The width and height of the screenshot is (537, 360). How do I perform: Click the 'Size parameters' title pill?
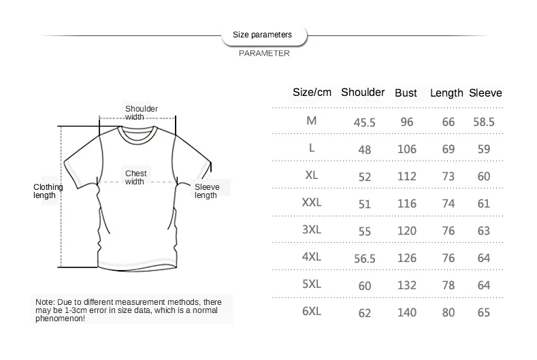tap(263, 34)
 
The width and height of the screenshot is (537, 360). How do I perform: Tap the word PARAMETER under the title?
tap(264, 53)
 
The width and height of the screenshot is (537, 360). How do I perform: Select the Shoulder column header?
tap(363, 93)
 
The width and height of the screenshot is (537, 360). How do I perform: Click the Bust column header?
tap(406, 93)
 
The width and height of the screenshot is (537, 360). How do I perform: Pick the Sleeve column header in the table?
tap(485, 93)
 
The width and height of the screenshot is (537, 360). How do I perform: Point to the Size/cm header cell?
tap(312, 93)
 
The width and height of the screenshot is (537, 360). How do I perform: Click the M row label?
tap(312, 120)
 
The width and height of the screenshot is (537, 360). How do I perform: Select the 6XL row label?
tap(312, 311)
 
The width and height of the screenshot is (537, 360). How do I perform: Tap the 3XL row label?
tap(312, 229)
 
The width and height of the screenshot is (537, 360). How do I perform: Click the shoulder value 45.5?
tap(365, 122)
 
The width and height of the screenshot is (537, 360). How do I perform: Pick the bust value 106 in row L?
tap(407, 150)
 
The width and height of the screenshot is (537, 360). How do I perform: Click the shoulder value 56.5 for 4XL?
tap(365, 259)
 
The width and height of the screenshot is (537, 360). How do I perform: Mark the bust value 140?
tap(407, 313)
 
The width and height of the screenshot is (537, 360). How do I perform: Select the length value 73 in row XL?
tap(449, 177)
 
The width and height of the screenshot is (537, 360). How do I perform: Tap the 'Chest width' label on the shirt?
tap(135, 178)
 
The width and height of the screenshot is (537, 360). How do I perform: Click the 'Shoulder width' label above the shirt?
tap(141, 112)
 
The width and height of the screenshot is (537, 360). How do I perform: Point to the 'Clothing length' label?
tap(48, 191)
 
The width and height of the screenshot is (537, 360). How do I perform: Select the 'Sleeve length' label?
tap(206, 191)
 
